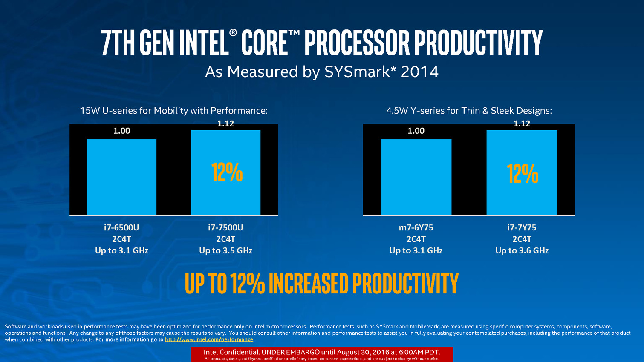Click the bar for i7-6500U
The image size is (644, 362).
[x=121, y=177]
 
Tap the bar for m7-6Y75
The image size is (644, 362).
[x=416, y=177]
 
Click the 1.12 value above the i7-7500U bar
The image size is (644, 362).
[x=225, y=124]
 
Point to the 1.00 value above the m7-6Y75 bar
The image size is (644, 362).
[x=416, y=131]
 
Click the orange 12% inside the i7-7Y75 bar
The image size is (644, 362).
[x=523, y=174]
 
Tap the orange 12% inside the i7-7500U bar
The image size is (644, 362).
[x=227, y=172]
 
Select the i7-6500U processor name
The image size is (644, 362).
[x=121, y=227]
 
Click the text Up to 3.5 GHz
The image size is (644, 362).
[x=225, y=250]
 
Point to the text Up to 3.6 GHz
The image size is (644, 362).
[x=522, y=250]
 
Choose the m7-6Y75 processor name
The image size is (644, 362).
[x=416, y=227]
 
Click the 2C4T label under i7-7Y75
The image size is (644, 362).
[x=522, y=239]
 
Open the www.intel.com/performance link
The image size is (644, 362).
[x=209, y=339]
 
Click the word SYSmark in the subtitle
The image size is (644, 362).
[x=357, y=72]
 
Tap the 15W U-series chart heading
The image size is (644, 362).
[x=174, y=111]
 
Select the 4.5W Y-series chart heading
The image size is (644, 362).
[x=469, y=111]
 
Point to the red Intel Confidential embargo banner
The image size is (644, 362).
[x=322, y=354]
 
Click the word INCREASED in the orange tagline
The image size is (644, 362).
[x=309, y=284]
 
